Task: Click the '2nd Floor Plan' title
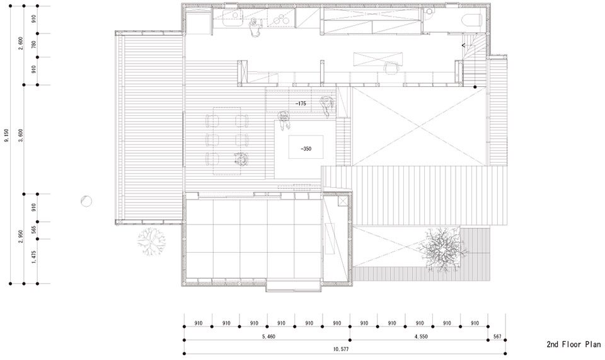573,344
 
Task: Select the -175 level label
300,103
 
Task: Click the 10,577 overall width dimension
338,349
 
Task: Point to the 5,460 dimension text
268,337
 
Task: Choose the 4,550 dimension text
421,337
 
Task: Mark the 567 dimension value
497,337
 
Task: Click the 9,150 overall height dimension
6,136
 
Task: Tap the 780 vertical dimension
33,45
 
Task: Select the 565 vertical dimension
33,230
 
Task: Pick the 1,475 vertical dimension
33,257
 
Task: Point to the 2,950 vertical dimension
20,236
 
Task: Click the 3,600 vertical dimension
20,136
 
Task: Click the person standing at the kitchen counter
254,27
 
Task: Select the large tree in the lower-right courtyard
442,250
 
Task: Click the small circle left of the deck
86,201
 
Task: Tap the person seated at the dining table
241,158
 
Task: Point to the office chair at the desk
391,67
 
